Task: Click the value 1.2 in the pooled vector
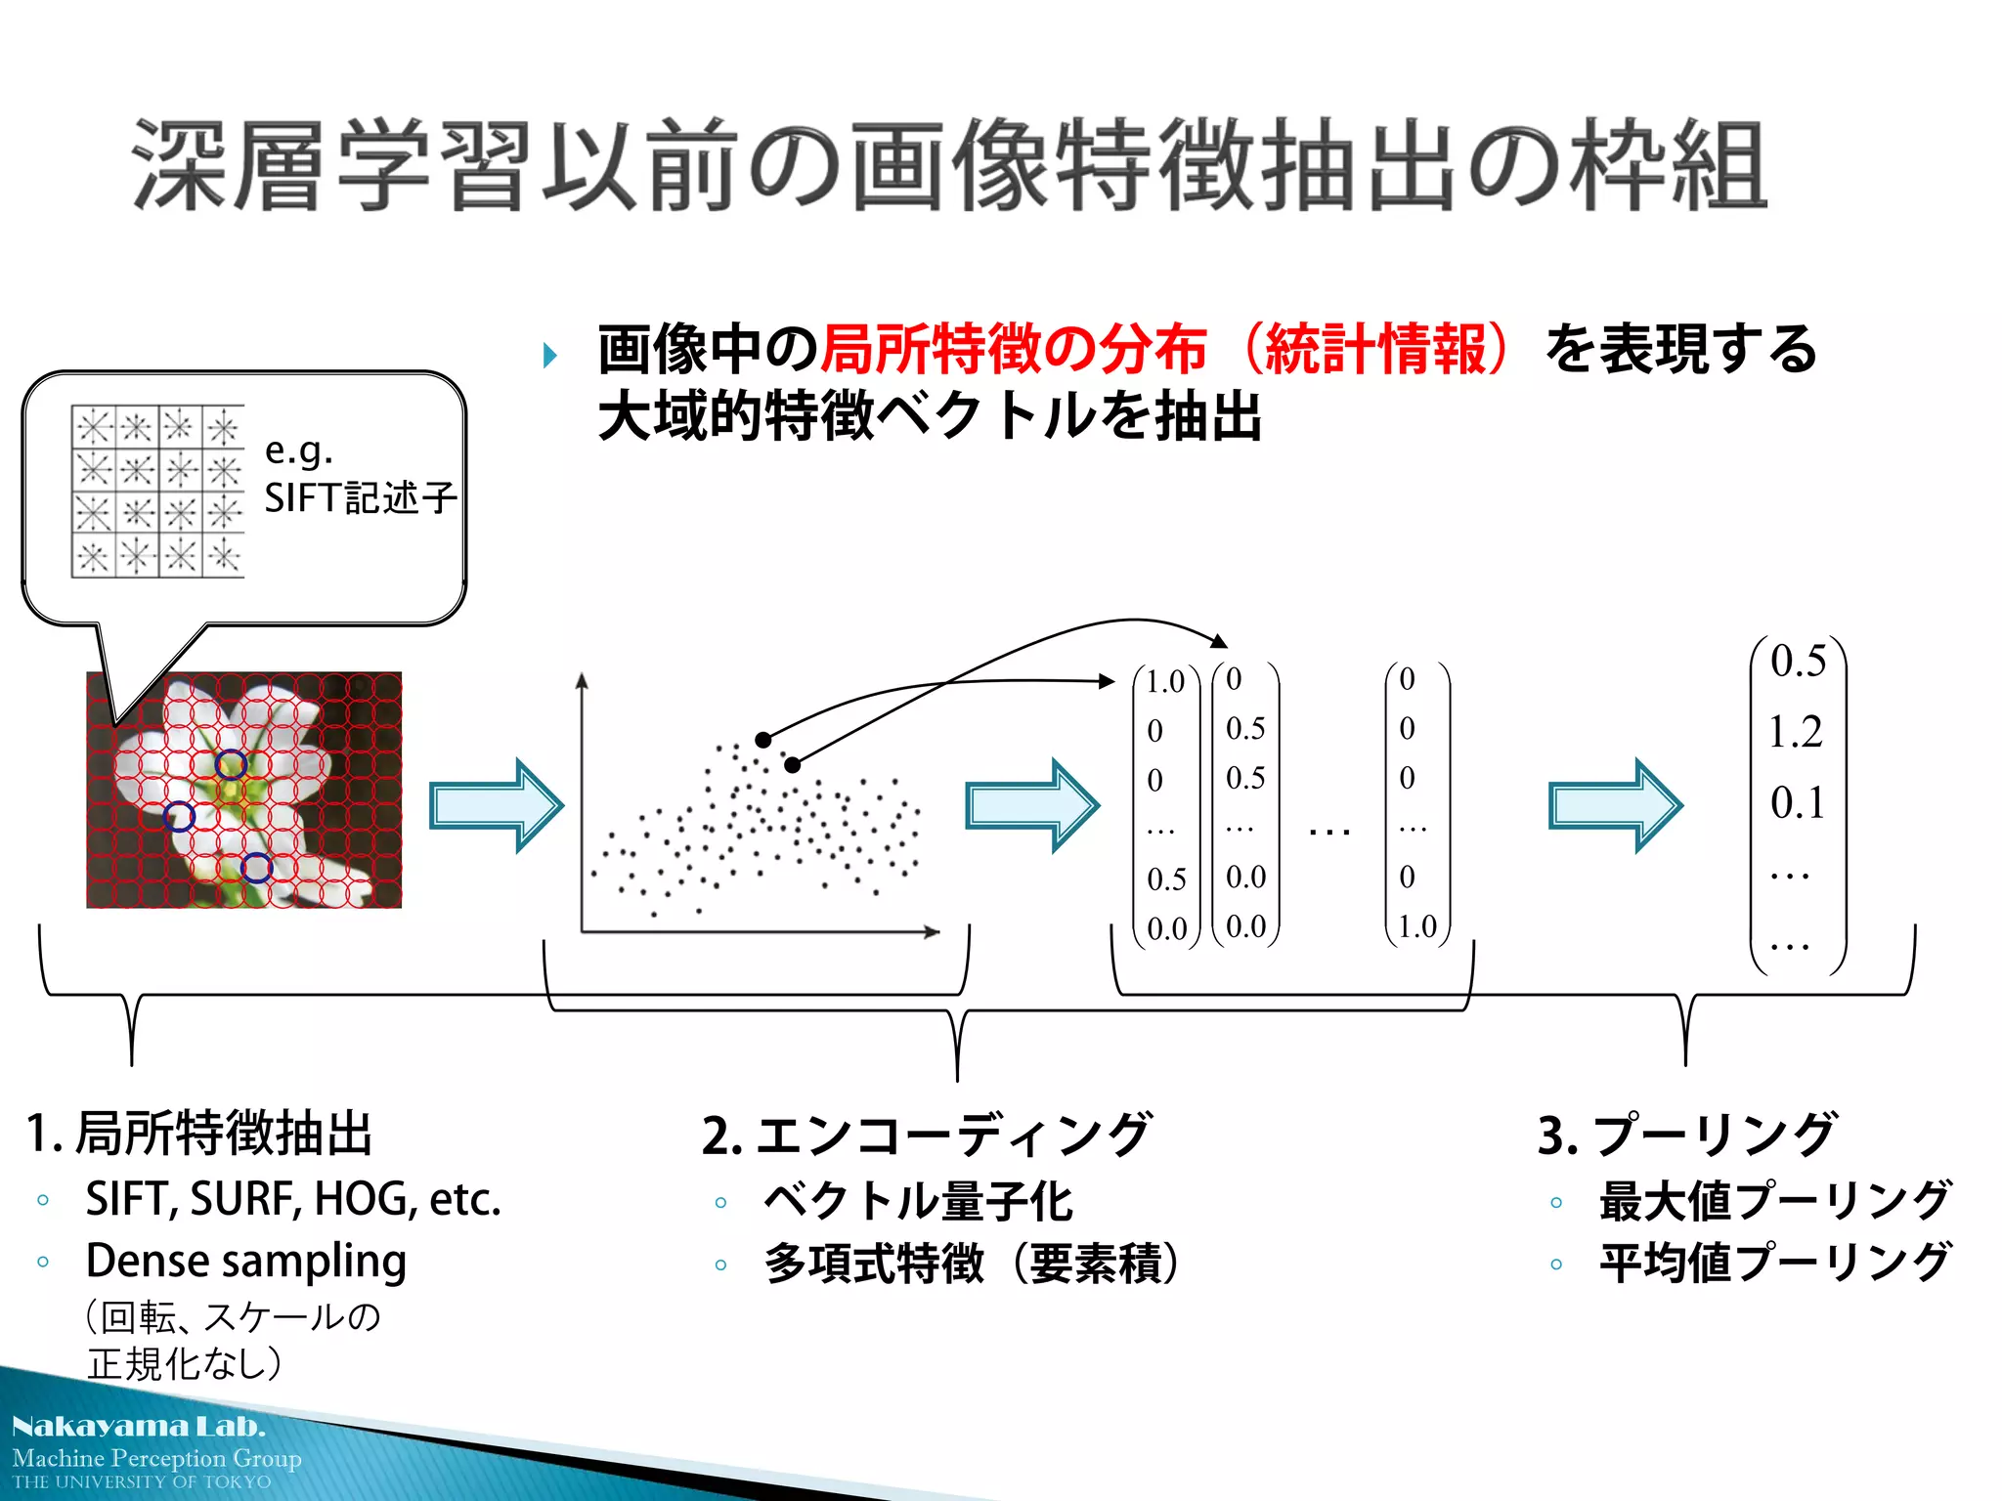(1796, 732)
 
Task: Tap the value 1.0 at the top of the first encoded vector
(1164, 681)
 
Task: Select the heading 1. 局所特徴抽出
(200, 1134)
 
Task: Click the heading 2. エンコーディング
(927, 1136)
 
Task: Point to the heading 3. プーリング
(1687, 1136)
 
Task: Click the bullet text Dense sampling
(246, 1261)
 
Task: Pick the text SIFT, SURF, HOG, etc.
(293, 1199)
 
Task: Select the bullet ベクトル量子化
(918, 1201)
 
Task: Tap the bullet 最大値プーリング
(1774, 1201)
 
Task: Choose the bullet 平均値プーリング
(1774, 1263)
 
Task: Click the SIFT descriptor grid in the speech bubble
(157, 491)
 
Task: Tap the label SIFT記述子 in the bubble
(360, 498)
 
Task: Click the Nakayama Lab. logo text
(139, 1427)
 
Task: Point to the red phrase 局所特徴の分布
(1013, 349)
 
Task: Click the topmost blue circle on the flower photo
(231, 764)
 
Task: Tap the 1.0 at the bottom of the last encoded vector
(1416, 925)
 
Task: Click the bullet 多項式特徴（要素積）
(972, 1264)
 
